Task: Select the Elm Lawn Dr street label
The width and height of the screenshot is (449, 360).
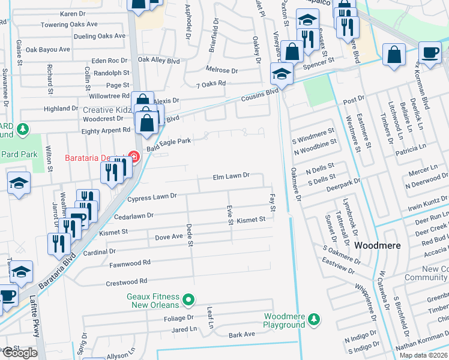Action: (x=231, y=176)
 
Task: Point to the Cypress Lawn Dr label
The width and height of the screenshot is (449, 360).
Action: (x=152, y=196)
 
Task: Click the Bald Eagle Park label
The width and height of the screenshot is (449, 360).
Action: (x=168, y=142)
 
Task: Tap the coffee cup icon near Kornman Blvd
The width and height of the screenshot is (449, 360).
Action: (x=429, y=52)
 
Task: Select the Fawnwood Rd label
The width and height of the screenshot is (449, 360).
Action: (x=130, y=263)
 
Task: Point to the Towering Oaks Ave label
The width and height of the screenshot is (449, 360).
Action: (x=68, y=25)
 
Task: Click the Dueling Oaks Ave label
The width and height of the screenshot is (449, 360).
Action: (x=100, y=36)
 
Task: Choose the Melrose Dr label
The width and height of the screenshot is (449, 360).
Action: (x=222, y=70)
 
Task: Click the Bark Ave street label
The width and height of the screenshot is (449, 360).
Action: (x=242, y=334)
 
